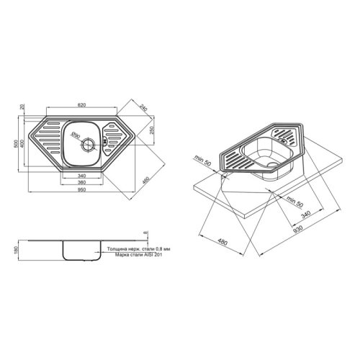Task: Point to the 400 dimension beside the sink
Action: [23, 146]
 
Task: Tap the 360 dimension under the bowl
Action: [81, 181]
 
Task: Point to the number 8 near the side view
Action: [144, 234]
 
